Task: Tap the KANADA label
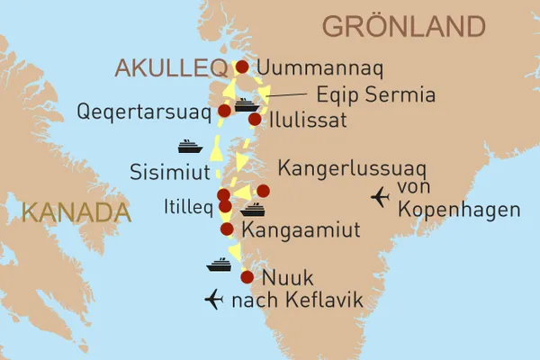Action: click(72, 214)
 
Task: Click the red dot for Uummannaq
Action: click(241, 67)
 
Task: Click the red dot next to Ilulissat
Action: click(255, 119)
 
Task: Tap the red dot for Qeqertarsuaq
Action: click(224, 112)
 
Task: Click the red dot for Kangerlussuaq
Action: click(263, 191)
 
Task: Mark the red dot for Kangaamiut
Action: click(228, 229)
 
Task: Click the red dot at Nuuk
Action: click(247, 277)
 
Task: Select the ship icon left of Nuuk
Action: click(220, 265)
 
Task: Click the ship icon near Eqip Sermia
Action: click(247, 104)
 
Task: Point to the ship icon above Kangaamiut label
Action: click(253, 210)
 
